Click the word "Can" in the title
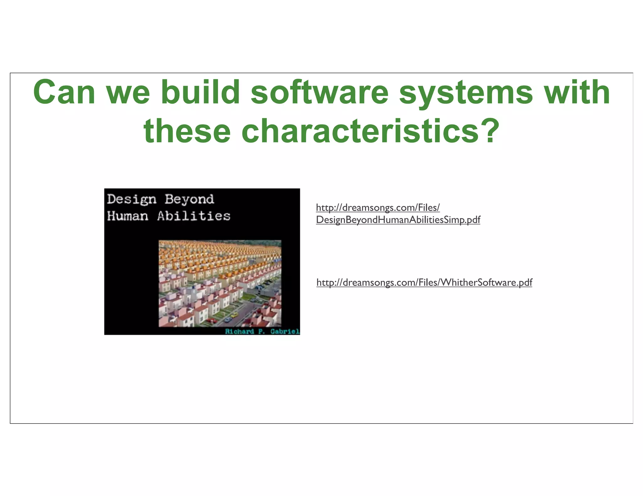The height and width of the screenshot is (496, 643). pyautogui.click(x=64, y=92)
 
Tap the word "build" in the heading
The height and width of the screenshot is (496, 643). pyautogui.click(x=200, y=92)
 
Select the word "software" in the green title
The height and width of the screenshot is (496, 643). pyautogui.click(x=320, y=92)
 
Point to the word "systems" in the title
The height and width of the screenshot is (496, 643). pyautogui.click(x=466, y=92)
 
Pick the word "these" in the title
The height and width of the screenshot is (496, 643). pyautogui.click(x=187, y=131)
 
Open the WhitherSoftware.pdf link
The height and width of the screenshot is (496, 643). pyautogui.click(x=424, y=282)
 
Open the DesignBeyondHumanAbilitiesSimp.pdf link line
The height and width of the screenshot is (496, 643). pyautogui.click(x=398, y=220)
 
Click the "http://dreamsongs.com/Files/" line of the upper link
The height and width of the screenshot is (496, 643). pyautogui.click(x=378, y=208)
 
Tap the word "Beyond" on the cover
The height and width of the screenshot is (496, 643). pyautogui.click(x=189, y=199)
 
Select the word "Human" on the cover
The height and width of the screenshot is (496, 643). pyautogui.click(x=127, y=216)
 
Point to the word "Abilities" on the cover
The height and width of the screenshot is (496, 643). pyautogui.click(x=194, y=216)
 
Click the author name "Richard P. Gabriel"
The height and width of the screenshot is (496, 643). pyautogui.click(x=262, y=332)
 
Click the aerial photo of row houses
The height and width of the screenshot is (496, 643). pyautogui.click(x=220, y=283)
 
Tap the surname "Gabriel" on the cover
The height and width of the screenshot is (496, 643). pyautogui.click(x=285, y=332)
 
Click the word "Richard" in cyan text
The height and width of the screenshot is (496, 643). pyautogui.click(x=239, y=332)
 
